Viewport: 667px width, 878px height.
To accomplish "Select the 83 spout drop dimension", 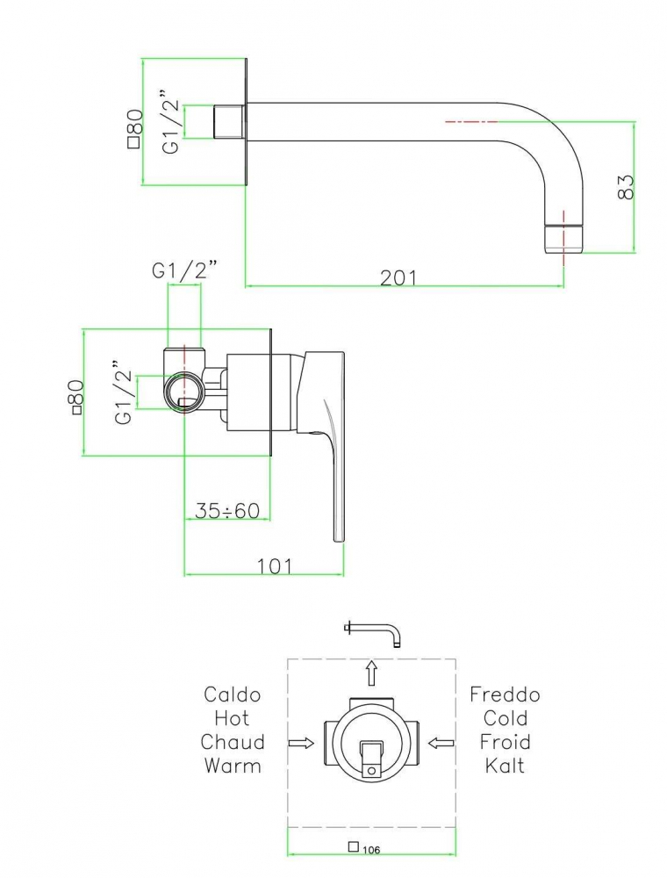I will pos(625,186).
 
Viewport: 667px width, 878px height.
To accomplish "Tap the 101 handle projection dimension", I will pos(275,566).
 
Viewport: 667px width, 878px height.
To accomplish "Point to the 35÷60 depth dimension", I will pos(227,510).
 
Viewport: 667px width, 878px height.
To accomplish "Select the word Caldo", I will pos(233,695).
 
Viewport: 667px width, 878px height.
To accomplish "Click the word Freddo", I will pos(505,695).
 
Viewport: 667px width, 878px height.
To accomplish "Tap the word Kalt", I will pos(505,766).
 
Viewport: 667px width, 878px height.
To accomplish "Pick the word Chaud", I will pos(233,742).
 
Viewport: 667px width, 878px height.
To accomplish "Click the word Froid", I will pos(505,742).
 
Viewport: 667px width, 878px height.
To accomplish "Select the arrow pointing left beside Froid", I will pos(441,743).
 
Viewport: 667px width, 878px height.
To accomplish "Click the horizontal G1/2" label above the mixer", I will pos(184,271).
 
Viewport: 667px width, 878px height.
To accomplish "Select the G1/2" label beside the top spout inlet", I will pos(172,121).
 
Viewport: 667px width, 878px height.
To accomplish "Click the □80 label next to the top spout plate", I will pos(134,128).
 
